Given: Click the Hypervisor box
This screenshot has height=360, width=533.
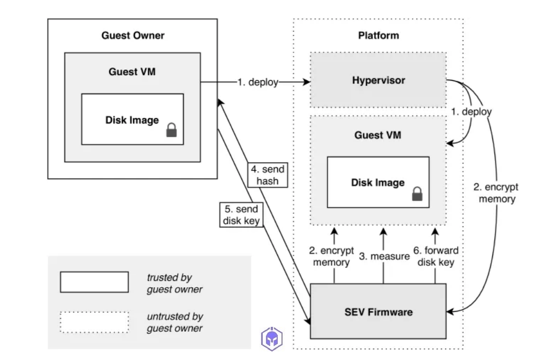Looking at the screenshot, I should point(378,80).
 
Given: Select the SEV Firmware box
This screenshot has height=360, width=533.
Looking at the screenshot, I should point(378,311).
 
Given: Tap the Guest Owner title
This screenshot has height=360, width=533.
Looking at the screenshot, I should point(133,36).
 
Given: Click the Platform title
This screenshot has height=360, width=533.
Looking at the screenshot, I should point(378,36).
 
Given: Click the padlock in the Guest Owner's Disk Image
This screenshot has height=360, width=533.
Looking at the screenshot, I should point(171,130).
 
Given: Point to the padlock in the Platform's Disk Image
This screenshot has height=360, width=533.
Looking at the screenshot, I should point(417,194).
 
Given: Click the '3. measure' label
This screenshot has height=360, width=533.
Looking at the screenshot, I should point(384,256).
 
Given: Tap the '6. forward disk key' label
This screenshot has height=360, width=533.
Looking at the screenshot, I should point(435,256).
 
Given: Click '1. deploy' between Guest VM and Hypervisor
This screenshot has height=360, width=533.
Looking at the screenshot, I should point(258,82).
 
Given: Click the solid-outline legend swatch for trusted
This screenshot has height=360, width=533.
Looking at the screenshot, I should point(94,282).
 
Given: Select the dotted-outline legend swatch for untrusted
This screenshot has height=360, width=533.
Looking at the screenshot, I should point(94,322).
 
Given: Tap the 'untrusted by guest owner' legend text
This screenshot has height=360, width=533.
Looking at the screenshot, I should point(175,322).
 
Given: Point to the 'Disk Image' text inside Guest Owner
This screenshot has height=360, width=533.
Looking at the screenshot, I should point(132,120).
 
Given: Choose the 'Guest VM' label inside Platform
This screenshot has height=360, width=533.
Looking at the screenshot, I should point(378,135).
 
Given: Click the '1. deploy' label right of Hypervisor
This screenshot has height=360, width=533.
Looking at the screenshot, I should point(471,112).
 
